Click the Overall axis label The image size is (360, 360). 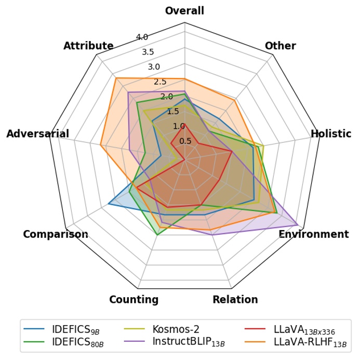(184, 10)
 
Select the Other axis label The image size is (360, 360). (280, 46)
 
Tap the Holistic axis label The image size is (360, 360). (331, 134)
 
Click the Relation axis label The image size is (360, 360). (235, 299)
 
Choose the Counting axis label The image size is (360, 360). (134, 299)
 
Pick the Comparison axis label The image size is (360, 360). (56, 234)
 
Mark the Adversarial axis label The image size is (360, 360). (37, 134)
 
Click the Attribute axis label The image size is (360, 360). (88, 46)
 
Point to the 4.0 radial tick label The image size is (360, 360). (142, 37)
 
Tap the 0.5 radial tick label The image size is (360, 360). (185, 141)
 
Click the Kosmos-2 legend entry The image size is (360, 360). (176, 328)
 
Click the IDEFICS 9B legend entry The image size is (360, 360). (72, 328)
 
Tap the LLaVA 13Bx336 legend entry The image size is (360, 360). (303, 328)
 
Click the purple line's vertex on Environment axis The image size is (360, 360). (297, 225)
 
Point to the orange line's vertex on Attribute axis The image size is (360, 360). (116, 78)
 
